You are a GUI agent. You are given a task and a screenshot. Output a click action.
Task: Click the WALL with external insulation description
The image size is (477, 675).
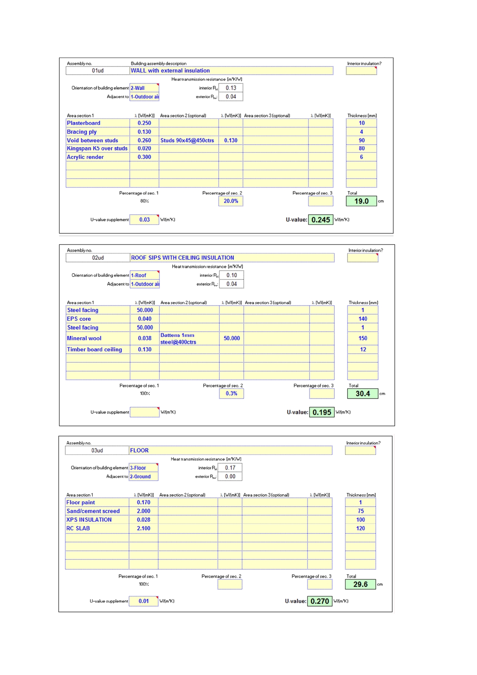(170, 71)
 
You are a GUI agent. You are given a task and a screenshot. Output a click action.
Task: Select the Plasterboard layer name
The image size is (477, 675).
(83, 123)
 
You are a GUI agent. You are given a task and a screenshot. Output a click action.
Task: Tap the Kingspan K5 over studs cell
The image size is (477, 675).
(97, 148)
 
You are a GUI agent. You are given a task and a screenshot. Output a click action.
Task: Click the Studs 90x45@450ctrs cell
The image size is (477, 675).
(187, 140)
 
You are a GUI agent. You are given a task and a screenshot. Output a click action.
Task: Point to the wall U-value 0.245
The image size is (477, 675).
(321, 220)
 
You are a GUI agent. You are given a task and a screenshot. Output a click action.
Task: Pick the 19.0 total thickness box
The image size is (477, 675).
(361, 201)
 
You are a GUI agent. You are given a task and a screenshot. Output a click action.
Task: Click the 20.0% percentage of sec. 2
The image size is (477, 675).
(231, 201)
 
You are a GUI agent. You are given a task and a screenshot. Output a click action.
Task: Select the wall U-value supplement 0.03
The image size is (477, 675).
(144, 220)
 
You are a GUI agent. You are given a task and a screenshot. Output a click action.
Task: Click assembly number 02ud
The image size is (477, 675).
(98, 258)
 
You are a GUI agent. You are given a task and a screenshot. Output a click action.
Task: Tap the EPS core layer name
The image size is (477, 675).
(79, 319)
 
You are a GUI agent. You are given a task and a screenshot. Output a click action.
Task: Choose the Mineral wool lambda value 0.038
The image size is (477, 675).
(145, 338)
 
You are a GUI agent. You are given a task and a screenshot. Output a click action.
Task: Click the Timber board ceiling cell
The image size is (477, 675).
(95, 350)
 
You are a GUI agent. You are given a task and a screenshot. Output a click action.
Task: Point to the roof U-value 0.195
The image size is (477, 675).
(322, 412)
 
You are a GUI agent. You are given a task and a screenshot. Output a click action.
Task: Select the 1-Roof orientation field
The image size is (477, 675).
(139, 275)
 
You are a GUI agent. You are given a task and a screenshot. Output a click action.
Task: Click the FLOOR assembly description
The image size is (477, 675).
(139, 451)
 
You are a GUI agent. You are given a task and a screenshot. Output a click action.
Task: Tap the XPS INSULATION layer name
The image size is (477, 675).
(89, 519)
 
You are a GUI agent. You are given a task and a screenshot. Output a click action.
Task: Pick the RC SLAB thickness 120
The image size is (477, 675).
(360, 528)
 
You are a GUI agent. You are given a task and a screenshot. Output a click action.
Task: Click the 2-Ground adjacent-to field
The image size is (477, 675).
(140, 477)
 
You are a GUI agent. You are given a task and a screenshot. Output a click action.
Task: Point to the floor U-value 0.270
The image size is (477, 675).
(320, 601)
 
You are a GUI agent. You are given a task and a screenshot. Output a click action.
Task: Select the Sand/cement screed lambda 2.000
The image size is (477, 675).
(144, 511)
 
